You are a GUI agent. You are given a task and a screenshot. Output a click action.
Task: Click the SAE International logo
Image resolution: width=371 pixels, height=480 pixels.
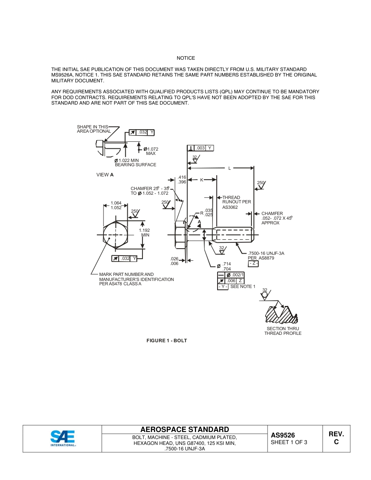pos(63,438)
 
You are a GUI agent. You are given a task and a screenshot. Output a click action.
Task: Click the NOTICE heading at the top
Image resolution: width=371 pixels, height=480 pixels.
pos(185,58)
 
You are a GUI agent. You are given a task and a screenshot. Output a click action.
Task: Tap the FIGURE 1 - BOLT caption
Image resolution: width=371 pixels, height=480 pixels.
pos(167,341)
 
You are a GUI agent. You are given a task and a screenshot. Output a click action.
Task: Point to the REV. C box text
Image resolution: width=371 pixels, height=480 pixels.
pos(336,438)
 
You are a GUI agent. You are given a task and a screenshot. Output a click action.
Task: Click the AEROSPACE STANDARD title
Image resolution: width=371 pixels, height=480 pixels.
pos(185,430)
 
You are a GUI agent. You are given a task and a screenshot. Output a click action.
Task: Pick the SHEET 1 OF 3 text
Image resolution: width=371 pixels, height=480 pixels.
pos(289,443)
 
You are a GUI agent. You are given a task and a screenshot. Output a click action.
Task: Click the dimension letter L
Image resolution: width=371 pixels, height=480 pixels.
pos(230,168)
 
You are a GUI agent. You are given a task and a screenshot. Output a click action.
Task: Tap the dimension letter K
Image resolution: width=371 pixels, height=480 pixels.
pos(202,180)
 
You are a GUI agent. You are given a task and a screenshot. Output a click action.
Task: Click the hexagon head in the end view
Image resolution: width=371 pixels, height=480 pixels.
pos(116,235)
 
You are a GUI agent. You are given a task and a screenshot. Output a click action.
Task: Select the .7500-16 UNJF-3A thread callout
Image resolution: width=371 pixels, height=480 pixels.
pos(266,253)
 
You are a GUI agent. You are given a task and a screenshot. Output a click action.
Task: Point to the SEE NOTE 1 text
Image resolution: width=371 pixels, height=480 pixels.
pos(243,287)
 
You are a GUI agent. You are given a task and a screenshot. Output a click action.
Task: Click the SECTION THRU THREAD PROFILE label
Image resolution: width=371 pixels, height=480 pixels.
pos(283,331)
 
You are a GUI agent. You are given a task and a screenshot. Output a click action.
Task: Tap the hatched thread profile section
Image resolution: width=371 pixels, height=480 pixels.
pos(281,314)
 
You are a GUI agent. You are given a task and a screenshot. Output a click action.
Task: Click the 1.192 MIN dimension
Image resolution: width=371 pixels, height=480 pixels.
pos(144,233)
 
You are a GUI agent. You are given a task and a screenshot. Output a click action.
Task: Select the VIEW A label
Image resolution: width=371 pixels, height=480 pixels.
pos(105,175)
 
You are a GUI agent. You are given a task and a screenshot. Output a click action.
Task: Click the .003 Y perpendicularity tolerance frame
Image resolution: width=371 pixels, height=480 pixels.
pos(201,148)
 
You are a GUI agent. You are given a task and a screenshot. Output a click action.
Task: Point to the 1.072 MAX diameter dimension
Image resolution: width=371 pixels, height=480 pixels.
pos(151,151)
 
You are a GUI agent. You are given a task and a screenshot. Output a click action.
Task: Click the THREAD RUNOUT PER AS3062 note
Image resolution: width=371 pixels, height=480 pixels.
pos(237,202)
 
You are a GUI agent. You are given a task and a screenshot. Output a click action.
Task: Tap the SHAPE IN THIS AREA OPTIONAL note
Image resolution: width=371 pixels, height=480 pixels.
pos(94,129)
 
